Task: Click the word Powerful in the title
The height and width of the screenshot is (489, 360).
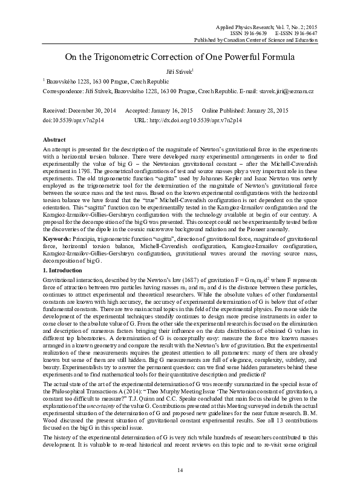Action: pyautogui.click(x=238, y=57)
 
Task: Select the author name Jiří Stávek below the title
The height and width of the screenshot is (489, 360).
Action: pyautogui.click(x=179, y=71)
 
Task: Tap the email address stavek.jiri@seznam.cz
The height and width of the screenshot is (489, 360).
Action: pyautogui.click(x=286, y=91)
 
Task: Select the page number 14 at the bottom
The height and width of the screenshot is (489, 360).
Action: pyautogui.click(x=180, y=471)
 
